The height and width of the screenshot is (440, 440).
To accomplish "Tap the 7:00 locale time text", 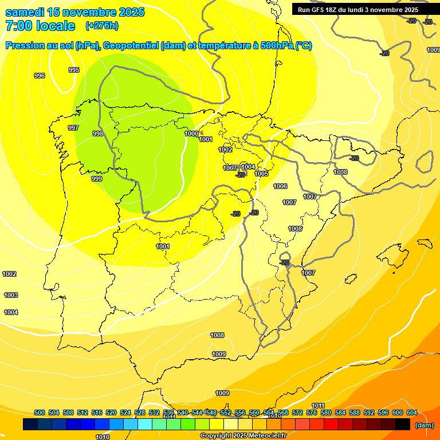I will click(40, 26).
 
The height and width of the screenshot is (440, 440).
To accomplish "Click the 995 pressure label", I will click(74, 70).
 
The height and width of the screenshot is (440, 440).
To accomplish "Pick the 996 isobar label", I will click(40, 76).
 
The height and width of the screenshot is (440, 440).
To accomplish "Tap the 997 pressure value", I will click(73, 128).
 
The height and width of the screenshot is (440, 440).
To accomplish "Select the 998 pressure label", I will click(98, 133).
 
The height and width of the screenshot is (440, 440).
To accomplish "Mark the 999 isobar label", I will click(97, 179).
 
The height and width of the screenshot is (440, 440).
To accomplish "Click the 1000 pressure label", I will click(191, 133).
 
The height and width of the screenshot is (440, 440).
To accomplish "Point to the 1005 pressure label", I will click(261, 174).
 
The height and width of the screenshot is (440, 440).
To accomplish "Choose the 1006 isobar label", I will click(280, 186).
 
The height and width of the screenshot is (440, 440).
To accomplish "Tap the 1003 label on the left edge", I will click(10, 295).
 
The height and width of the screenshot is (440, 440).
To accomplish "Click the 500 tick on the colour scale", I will click(40, 412).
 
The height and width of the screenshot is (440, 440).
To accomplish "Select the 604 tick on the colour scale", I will click(412, 412).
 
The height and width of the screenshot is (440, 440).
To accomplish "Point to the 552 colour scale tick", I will click(226, 412).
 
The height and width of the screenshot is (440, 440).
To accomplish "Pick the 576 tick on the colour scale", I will click(312, 412).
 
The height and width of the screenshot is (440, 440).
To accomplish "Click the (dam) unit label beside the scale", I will click(424, 425).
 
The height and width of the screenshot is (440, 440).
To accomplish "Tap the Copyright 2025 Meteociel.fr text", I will click(243, 435).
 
